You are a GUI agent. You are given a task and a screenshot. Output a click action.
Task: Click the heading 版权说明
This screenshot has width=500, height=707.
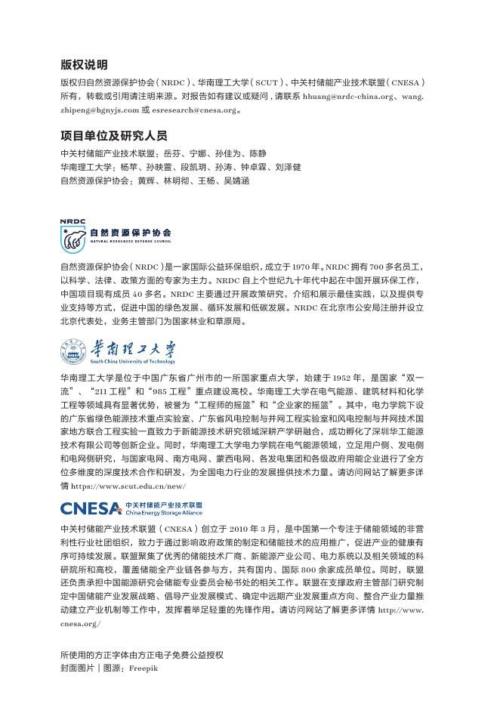click(x=84, y=65)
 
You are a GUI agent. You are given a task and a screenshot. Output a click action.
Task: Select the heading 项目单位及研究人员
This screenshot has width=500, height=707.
click(x=114, y=136)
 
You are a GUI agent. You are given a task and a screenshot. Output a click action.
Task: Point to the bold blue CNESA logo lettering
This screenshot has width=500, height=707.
click(x=91, y=508)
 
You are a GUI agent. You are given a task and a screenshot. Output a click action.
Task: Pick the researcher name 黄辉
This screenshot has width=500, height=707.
click(x=146, y=181)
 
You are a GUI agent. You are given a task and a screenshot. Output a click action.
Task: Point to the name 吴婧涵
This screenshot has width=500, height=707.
click(x=236, y=181)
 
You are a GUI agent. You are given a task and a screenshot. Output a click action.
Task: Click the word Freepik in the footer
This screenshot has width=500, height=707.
click(x=144, y=668)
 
